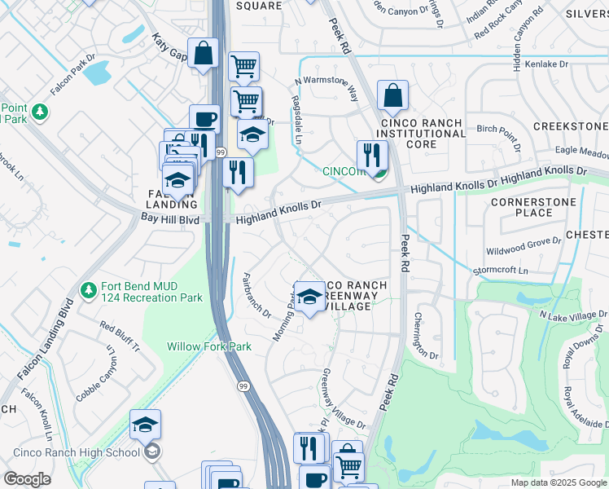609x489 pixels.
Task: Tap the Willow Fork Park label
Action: (208, 346)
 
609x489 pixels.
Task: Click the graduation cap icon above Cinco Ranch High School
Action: (145, 425)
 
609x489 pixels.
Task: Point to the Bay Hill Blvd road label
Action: (170, 219)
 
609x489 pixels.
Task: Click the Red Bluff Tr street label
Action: (120, 336)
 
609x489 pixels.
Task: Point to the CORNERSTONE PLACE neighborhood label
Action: (534, 207)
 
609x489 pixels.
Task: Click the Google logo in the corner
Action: (28, 479)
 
